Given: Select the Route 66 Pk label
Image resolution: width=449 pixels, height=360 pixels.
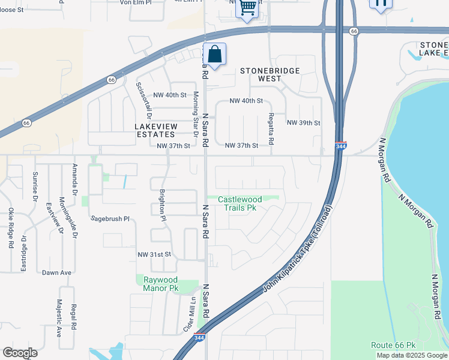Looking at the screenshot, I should coord(393,345).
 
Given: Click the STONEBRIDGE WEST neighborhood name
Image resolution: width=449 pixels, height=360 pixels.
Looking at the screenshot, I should coord(270,74).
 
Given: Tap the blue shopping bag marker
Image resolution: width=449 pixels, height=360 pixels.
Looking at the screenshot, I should coord(215,55).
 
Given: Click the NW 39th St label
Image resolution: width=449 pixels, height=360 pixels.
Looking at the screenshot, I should coord(304,122).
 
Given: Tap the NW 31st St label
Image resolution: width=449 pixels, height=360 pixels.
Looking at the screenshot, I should coord(155,254).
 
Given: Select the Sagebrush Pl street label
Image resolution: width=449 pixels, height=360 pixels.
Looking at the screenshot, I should coord(110,220).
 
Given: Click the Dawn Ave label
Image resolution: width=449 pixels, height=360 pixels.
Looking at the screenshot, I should coord(57,272).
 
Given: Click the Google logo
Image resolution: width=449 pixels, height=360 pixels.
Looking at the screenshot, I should coord(20,353).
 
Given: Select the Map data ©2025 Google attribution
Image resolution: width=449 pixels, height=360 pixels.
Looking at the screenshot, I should coord(412,355).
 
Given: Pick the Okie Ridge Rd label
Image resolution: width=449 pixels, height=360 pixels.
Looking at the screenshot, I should coord(11,228).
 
